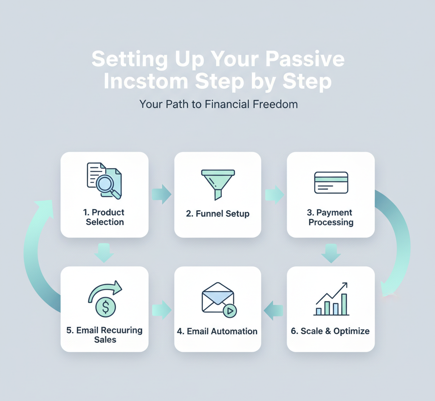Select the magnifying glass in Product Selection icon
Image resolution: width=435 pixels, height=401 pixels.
pyautogui.click(x=105, y=184)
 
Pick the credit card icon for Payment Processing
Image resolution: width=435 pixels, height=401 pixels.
pyautogui.click(x=331, y=182)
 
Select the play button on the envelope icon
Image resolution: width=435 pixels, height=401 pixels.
pyautogui.click(x=230, y=311)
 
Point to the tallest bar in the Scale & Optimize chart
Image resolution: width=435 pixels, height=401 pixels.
pyautogui.click(x=344, y=304)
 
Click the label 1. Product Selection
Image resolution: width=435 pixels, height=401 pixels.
pyautogui.click(x=105, y=217)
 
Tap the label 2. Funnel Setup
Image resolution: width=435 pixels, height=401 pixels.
pyautogui.click(x=217, y=214)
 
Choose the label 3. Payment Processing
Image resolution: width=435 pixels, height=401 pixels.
pyautogui.click(x=331, y=217)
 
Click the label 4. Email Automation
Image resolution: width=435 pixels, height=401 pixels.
pyautogui.click(x=217, y=331)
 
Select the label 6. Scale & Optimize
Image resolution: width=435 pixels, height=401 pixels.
pyautogui.click(x=330, y=331)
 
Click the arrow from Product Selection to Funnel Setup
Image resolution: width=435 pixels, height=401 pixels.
pyautogui.click(x=161, y=195)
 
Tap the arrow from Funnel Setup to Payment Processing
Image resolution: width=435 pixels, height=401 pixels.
pyautogui.click(x=274, y=195)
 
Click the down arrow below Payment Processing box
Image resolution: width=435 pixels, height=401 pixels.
pyautogui.click(x=331, y=253)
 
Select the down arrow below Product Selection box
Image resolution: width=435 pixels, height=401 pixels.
pyautogui.click(x=104, y=252)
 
